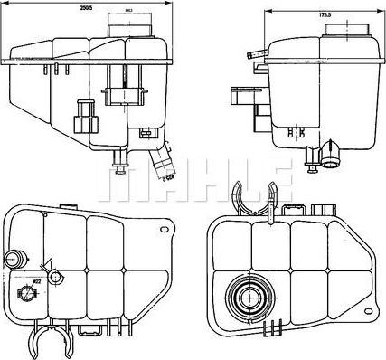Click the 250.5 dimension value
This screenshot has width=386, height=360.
[x=87, y=8]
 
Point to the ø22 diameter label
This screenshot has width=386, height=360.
[x=37, y=280]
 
